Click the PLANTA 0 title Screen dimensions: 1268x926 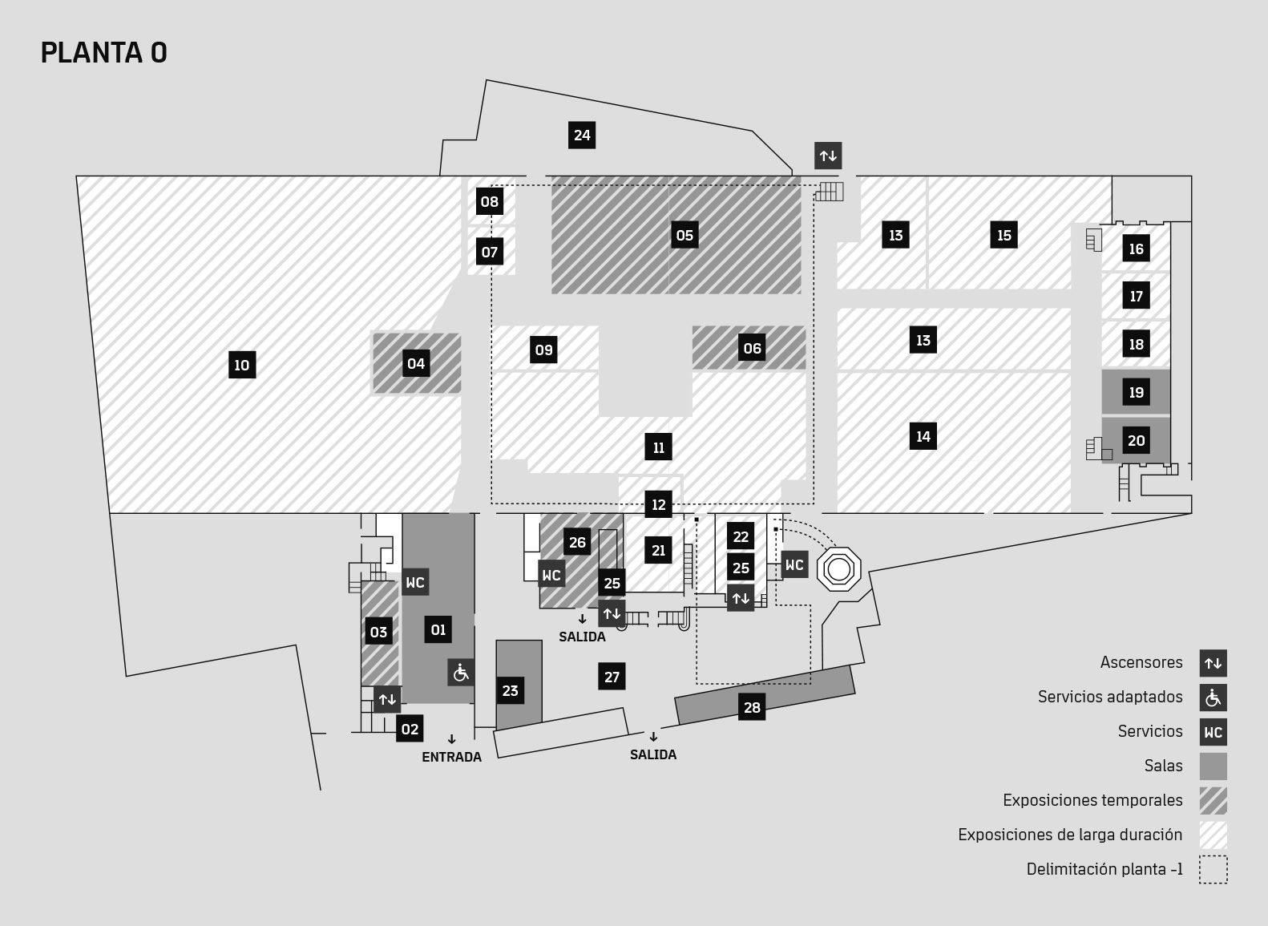[103, 53]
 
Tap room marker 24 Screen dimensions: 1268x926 [582, 135]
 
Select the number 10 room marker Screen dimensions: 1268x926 [242, 365]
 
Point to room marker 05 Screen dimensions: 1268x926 [685, 235]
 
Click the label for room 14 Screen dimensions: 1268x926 [923, 436]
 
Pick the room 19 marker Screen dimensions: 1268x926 [1136, 392]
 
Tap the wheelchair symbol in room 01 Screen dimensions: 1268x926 [461, 673]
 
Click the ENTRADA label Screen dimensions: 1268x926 [452, 757]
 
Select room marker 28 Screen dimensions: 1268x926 [752, 707]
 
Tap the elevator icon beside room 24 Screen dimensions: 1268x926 [828, 156]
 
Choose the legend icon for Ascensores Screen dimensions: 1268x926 [1213, 663]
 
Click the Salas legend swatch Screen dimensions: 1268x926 [1213, 766]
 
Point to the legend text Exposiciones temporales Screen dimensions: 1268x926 [1092, 800]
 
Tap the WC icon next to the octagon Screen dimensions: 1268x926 [795, 564]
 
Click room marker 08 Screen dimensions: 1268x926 [490, 201]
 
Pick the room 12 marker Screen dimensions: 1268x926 [658, 504]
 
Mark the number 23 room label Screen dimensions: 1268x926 [510, 690]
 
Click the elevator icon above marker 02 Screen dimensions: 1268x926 [387, 699]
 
